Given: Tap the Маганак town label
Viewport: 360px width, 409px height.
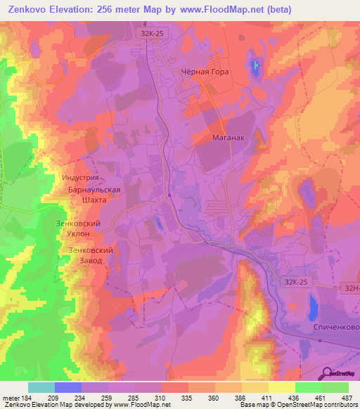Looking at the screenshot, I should (x=228, y=138).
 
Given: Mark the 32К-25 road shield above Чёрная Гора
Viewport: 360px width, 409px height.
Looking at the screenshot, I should (x=148, y=32).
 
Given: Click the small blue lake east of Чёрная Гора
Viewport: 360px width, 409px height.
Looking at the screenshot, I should (x=255, y=67).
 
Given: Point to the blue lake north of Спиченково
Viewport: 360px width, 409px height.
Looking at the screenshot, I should (x=311, y=306).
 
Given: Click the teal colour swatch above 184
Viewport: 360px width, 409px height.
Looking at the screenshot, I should (x=41, y=387).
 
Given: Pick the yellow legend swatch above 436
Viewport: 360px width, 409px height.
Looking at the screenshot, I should (x=282, y=387).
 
